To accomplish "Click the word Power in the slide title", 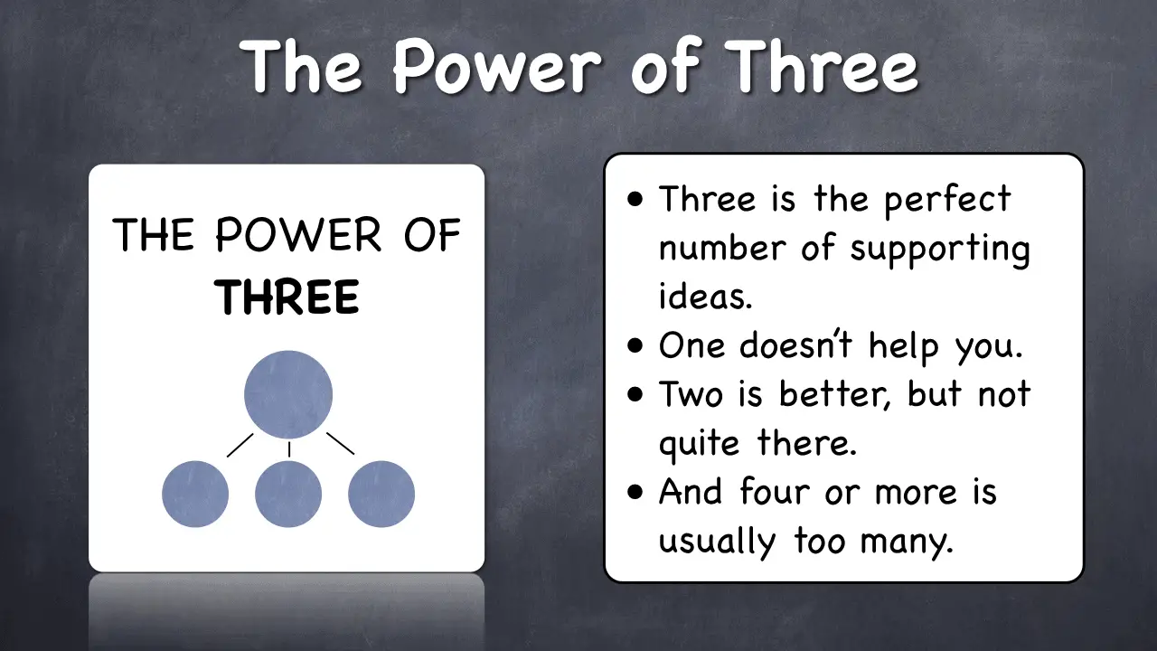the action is click(497, 66).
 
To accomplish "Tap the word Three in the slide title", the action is click(822, 66).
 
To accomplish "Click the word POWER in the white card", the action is click(298, 234).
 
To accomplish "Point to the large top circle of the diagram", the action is click(288, 395).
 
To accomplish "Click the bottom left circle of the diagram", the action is click(195, 494).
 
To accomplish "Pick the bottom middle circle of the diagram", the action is click(288, 494).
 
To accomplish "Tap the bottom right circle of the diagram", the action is click(381, 494).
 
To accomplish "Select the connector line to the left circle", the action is click(240, 445).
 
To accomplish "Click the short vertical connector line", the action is click(289, 449).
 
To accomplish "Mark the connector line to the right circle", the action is click(341, 444).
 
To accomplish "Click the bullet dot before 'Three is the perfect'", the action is click(635, 199).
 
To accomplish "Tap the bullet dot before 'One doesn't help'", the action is click(635, 345).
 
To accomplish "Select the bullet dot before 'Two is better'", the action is click(635, 394).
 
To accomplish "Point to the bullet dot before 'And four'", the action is click(635, 492).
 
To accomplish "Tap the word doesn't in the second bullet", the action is click(795, 344).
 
